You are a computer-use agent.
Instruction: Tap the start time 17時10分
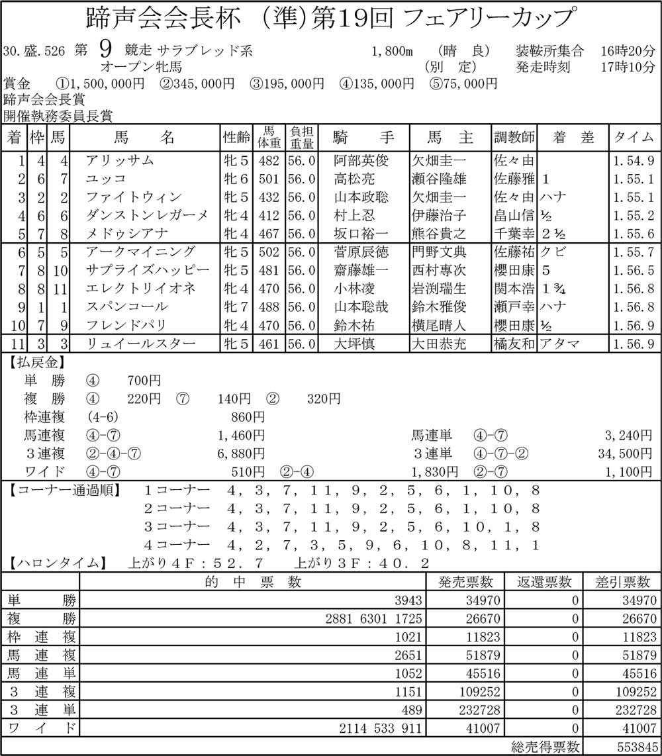pos(628,67)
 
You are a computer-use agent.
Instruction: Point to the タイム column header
pos(632,138)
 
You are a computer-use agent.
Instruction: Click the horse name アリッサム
pos(120,160)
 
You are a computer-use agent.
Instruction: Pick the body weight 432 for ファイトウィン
pos(271,197)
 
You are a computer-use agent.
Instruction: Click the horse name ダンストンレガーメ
pos(147,215)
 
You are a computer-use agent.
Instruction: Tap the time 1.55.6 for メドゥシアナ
pos(633,234)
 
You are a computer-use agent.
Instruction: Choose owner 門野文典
pos(439,252)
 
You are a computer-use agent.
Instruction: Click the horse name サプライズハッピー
pos(147,270)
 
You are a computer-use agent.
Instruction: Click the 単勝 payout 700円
pos(143,381)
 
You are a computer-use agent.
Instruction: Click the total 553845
pos(632,747)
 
